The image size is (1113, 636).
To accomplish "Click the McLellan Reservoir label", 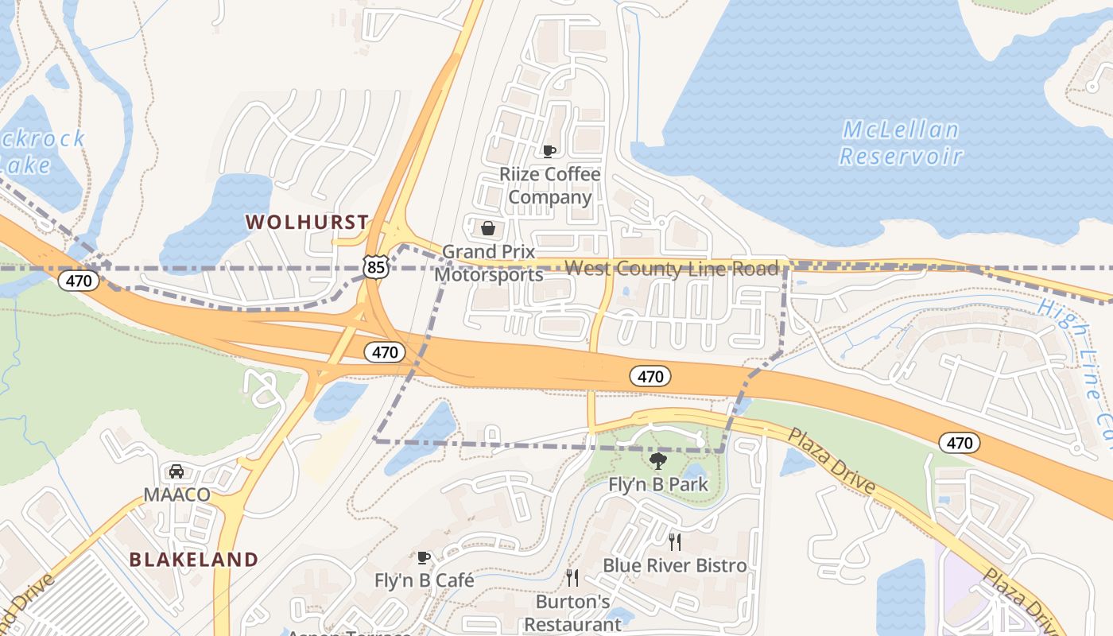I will point(901,143).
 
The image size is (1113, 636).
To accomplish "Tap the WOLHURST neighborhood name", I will point(307,223).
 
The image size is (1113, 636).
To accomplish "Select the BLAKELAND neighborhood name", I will point(194,560).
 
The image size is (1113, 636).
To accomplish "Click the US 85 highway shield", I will point(376,266).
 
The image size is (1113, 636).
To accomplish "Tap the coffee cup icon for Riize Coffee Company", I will point(549,151).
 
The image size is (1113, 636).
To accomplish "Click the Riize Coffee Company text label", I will point(549,185).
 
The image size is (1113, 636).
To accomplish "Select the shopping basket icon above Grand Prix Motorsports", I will point(488,229).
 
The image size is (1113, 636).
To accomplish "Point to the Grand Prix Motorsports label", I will point(488,263).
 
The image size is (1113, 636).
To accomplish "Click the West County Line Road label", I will point(672,269).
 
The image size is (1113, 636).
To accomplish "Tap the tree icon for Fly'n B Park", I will point(657,461).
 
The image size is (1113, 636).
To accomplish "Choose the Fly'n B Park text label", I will point(657,484).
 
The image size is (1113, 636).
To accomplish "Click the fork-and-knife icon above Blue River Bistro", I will point(675,542).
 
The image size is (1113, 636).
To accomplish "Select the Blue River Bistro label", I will point(675,565).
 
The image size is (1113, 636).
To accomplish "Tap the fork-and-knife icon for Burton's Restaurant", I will point(572,578).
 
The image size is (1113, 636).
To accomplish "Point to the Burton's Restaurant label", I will point(572,613).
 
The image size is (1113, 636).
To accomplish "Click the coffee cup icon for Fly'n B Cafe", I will point(424,558).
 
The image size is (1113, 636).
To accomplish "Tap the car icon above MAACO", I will point(176,471).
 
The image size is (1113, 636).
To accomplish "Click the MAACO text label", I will point(176,494).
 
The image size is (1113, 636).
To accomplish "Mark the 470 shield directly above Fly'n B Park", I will point(650,377).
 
